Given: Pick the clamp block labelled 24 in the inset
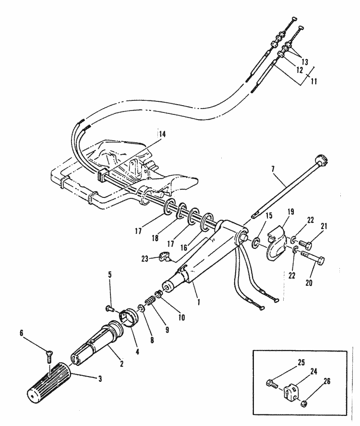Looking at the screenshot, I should (295, 390).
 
